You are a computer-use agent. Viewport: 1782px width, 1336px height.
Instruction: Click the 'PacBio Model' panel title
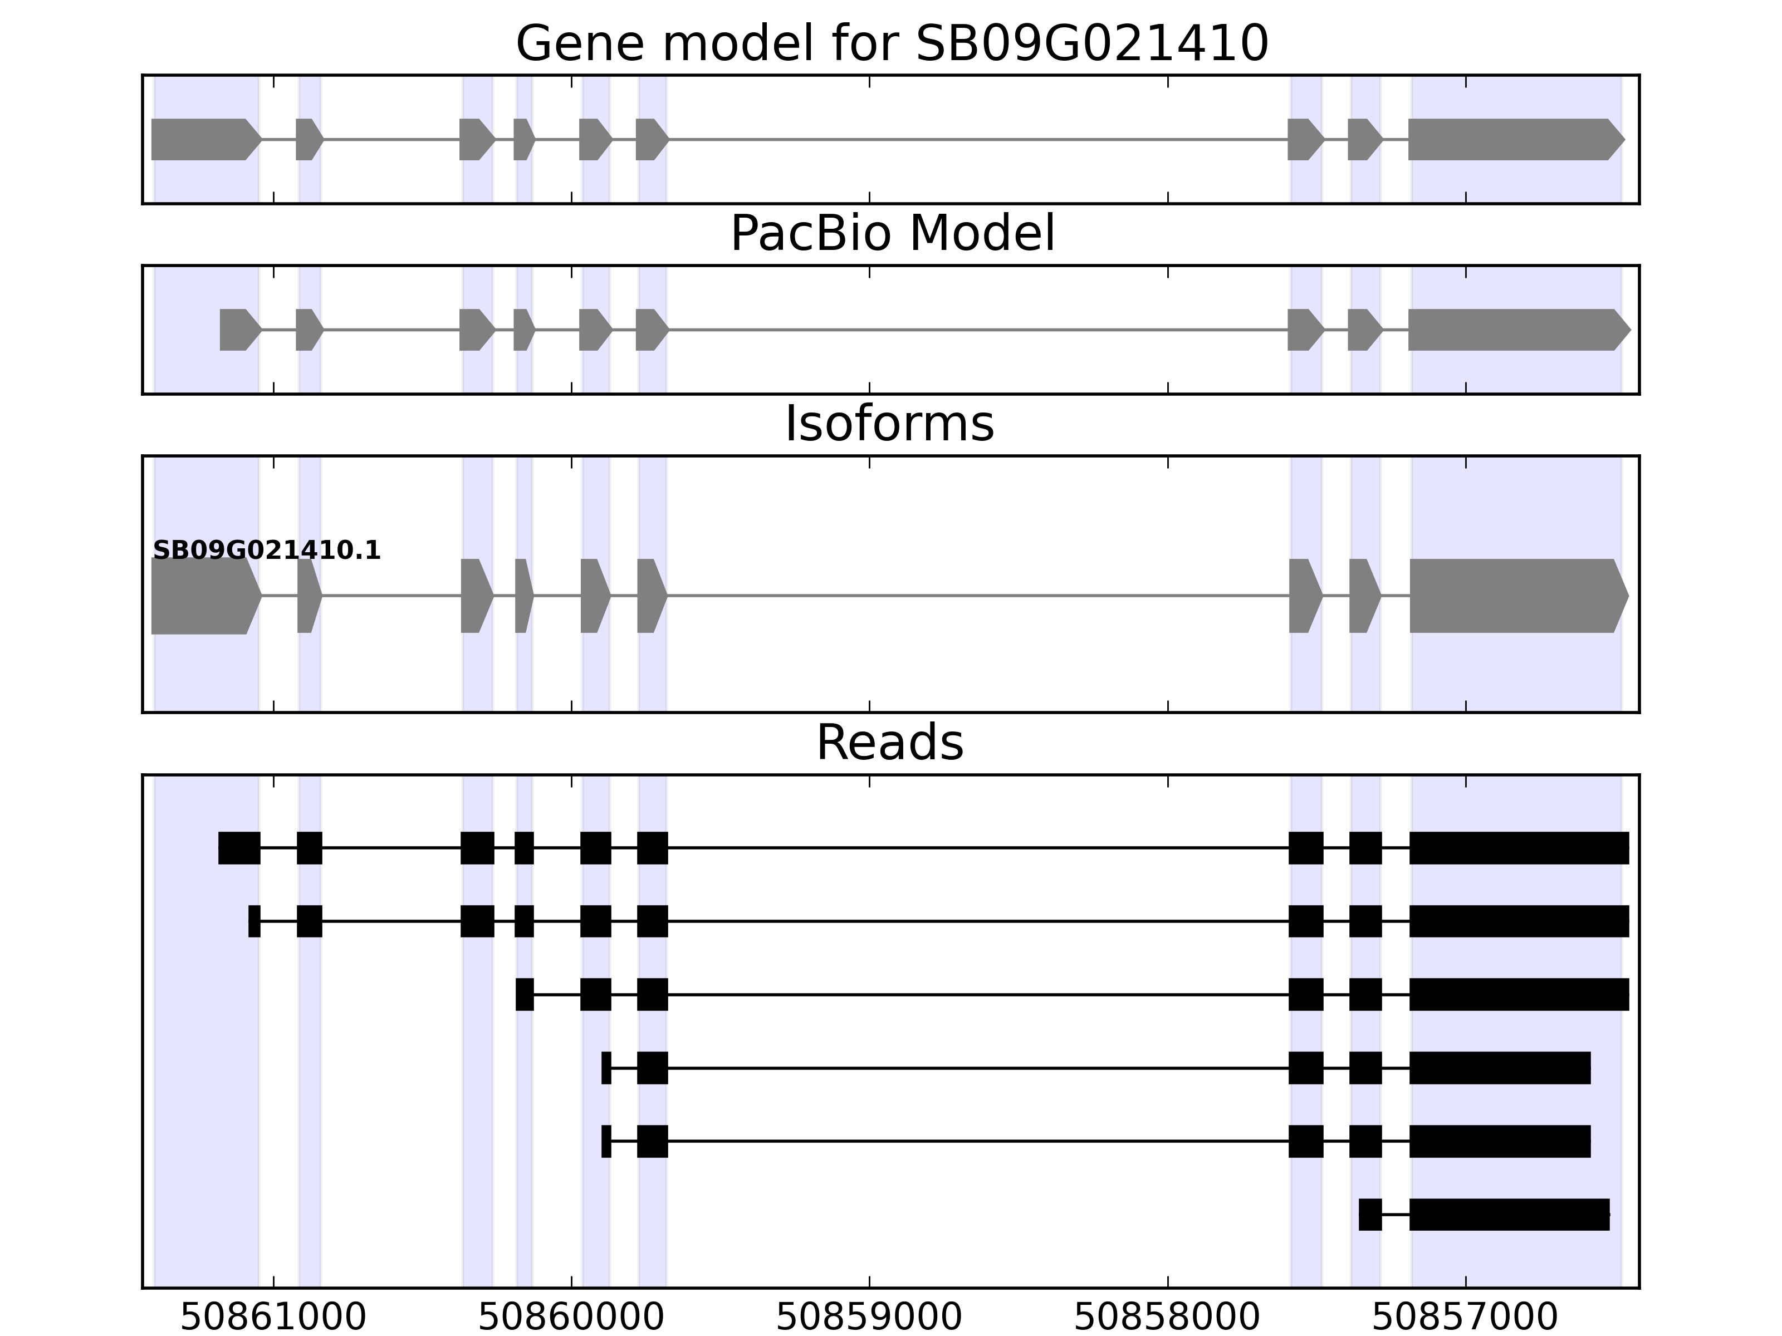[x=892, y=234]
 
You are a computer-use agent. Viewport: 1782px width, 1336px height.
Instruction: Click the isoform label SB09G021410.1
[x=267, y=551]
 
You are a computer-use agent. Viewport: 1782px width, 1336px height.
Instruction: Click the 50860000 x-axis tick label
[x=571, y=1318]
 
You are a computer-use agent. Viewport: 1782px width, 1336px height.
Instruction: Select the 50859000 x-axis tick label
[x=869, y=1318]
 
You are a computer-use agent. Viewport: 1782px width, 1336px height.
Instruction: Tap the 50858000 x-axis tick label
[x=1167, y=1318]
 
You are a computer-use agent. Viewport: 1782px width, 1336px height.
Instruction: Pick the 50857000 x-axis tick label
[x=1465, y=1318]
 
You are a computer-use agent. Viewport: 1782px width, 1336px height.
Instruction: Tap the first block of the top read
[x=239, y=848]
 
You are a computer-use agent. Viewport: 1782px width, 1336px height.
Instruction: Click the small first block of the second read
[x=254, y=921]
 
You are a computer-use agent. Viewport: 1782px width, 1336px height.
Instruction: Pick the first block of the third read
[x=525, y=995]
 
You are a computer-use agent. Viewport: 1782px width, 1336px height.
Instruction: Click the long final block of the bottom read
[x=1509, y=1215]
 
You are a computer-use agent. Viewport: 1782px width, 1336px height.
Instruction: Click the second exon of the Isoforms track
[x=309, y=596]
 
